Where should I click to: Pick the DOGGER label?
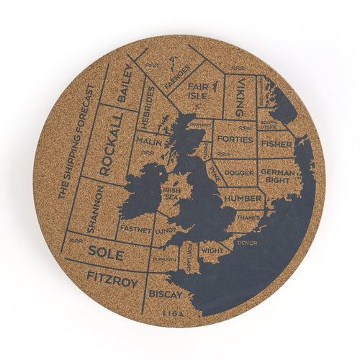pos(238,173)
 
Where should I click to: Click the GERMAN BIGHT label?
pos(277,177)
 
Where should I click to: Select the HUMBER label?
pos(242,198)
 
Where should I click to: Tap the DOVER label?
pos(246,243)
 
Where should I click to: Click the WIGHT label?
pos(212,250)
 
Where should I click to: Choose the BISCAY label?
pos(165,294)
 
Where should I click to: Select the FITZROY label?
pos(112,279)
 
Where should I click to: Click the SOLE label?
pos(106,252)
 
